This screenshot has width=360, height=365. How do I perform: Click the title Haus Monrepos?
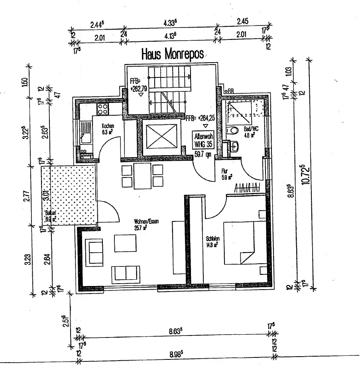pyautogui.click(x=173, y=54)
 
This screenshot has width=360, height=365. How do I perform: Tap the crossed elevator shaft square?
pyautogui.click(x=161, y=137)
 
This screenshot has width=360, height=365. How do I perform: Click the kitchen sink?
pyautogui.click(x=85, y=134)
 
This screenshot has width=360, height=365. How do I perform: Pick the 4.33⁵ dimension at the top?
pyautogui.click(x=170, y=24)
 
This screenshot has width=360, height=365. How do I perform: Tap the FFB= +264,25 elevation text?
pyautogui.click(x=204, y=118)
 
